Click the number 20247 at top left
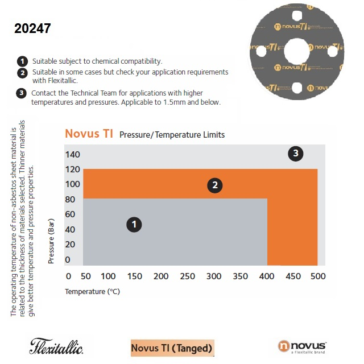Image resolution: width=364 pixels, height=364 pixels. [x=32, y=28]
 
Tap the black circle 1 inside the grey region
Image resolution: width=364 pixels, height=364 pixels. [x=134, y=225]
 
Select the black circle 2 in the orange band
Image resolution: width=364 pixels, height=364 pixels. [x=214, y=185]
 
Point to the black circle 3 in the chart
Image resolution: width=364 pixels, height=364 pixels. [x=295, y=153]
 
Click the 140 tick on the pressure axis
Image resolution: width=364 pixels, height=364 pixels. [x=72, y=155]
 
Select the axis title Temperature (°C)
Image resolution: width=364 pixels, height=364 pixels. [x=92, y=291]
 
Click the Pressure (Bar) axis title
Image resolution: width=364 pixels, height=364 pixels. [x=52, y=242]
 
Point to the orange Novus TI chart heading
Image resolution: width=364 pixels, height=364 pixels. [x=89, y=134]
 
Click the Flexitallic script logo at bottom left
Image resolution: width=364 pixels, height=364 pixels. [x=56, y=346]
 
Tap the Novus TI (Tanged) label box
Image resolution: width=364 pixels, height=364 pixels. [x=172, y=348]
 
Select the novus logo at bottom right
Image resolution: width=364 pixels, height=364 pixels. [x=302, y=346]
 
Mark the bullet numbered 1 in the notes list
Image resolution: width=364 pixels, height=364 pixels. [x=22, y=61]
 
